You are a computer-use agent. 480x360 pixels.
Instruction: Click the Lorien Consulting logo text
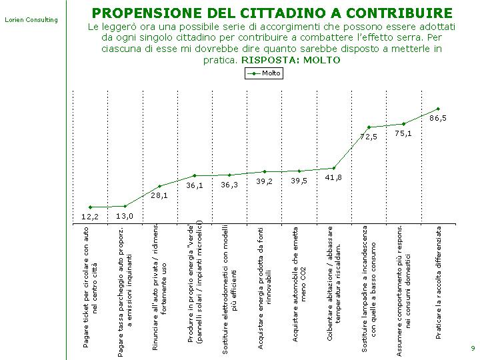[31, 20]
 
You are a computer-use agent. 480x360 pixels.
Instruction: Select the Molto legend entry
[264, 73]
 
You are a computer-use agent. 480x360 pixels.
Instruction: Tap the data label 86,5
[438, 118]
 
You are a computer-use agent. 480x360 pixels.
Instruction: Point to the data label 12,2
[90, 217]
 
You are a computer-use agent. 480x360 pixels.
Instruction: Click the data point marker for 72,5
[369, 127]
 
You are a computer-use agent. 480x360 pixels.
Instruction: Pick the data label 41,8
[333, 177]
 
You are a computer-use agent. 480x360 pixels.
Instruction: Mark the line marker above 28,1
[159, 186]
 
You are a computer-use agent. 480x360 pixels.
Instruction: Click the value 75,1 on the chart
[403, 133]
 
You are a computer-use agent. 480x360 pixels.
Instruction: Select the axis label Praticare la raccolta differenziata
[439, 283]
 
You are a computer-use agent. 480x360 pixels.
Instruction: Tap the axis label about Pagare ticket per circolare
[90, 287]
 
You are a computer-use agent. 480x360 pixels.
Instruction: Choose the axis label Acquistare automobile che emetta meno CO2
[299, 284]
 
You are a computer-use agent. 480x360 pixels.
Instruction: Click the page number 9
[473, 348]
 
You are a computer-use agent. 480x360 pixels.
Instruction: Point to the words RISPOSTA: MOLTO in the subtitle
[291, 60]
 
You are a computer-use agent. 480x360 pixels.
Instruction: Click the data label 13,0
[125, 216]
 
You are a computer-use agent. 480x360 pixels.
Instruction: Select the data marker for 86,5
[438, 109]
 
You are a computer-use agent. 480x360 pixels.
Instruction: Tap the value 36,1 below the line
[195, 185]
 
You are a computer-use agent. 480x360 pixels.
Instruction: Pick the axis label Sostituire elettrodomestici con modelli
[229, 289]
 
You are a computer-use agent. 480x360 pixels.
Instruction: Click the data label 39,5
[299, 181]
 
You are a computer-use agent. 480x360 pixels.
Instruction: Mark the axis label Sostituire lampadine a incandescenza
[369, 289]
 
